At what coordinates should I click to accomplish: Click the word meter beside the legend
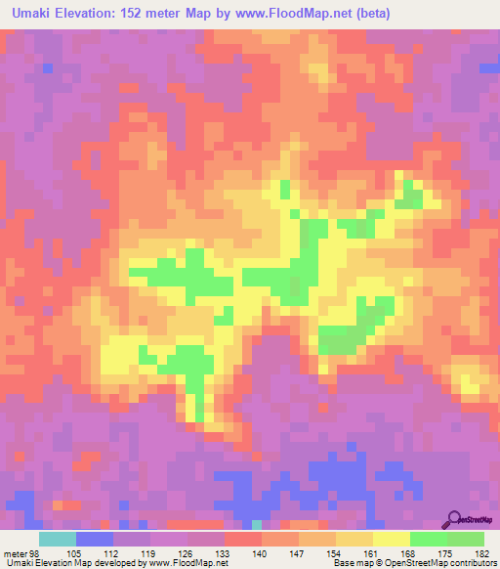point(17,553)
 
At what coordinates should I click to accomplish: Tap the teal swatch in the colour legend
point(58,539)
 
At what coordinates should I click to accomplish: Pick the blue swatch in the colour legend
point(95,539)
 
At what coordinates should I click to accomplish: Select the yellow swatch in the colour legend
point(392,539)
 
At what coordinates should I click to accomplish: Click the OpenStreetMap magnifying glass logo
point(454,520)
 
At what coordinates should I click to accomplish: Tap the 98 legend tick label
point(36,553)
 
